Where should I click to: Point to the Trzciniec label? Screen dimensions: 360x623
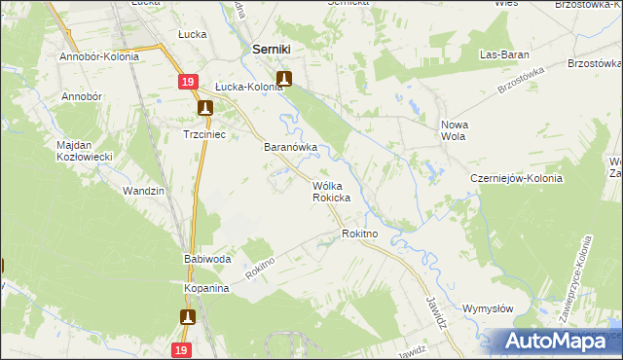click(205, 135)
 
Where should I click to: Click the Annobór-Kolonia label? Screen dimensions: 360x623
click(99, 56)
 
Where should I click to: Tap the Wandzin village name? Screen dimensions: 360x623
click(143, 191)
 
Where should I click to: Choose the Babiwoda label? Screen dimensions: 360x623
click(206, 260)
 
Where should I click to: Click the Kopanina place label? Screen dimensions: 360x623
click(205, 289)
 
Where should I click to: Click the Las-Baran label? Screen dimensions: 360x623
click(503, 55)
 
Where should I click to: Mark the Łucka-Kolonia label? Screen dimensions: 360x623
click(249, 86)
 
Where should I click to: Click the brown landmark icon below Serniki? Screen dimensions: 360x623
click(284, 79)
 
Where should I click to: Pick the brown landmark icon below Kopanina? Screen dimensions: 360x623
click(188, 316)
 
